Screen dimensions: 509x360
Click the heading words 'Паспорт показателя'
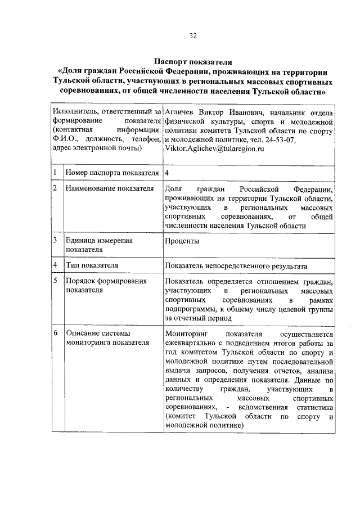192,61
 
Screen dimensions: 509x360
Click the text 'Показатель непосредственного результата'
236,265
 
